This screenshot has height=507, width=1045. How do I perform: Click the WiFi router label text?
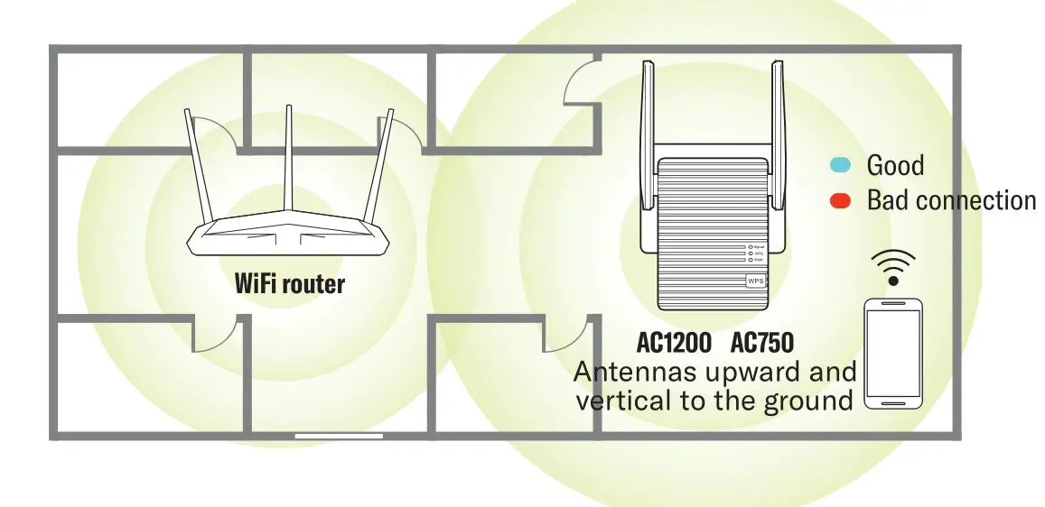(289, 284)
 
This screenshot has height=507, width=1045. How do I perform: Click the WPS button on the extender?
(755, 281)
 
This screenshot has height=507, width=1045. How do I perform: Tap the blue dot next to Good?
(840, 165)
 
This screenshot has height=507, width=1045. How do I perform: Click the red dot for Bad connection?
(840, 201)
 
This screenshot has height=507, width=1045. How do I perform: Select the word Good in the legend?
(895, 165)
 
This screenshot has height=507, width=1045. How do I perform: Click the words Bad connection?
(951, 200)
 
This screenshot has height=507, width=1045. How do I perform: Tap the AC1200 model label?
(674, 345)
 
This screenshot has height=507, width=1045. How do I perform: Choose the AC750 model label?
(761, 345)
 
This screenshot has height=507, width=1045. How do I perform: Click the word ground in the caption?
(807, 400)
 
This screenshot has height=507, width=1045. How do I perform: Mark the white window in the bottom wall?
(339, 437)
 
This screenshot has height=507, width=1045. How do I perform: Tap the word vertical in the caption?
(621, 400)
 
